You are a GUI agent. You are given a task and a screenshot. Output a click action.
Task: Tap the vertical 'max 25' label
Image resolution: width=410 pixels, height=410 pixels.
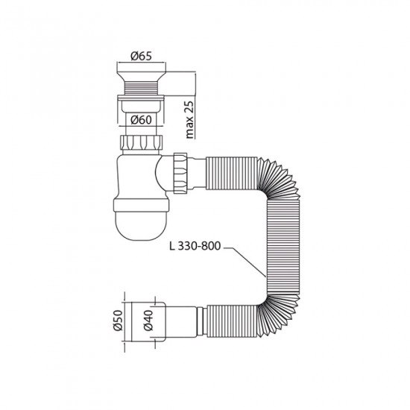[190, 116]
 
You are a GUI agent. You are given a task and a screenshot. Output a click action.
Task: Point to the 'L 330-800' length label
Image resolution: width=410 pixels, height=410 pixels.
[195, 248]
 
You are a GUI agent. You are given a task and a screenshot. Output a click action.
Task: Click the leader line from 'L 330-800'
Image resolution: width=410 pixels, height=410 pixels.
[246, 261]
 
